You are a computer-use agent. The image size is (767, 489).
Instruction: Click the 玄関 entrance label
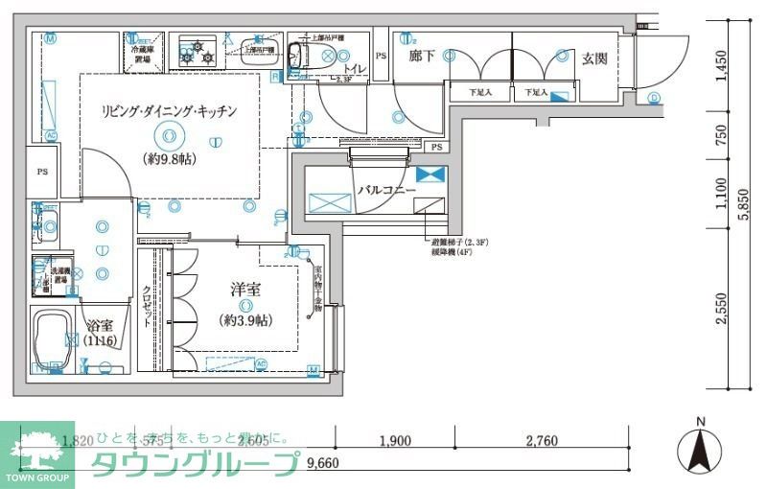click(594, 58)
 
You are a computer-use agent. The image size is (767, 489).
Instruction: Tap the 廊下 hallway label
click(422, 58)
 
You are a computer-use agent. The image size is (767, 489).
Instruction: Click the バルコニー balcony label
click(386, 191)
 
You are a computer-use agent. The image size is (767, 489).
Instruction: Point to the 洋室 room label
click(245, 290)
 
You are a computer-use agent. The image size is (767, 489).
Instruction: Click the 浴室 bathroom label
click(100, 325)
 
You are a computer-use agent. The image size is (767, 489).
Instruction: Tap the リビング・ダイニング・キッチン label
click(169, 111)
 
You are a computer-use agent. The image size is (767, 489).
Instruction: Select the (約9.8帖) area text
click(169, 158)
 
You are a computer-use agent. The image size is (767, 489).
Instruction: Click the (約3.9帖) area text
click(245, 319)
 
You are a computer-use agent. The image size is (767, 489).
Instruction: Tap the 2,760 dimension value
click(543, 441)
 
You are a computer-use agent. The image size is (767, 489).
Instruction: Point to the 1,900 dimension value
click(394, 441)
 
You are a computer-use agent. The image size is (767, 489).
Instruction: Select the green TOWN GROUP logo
click(37, 454)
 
